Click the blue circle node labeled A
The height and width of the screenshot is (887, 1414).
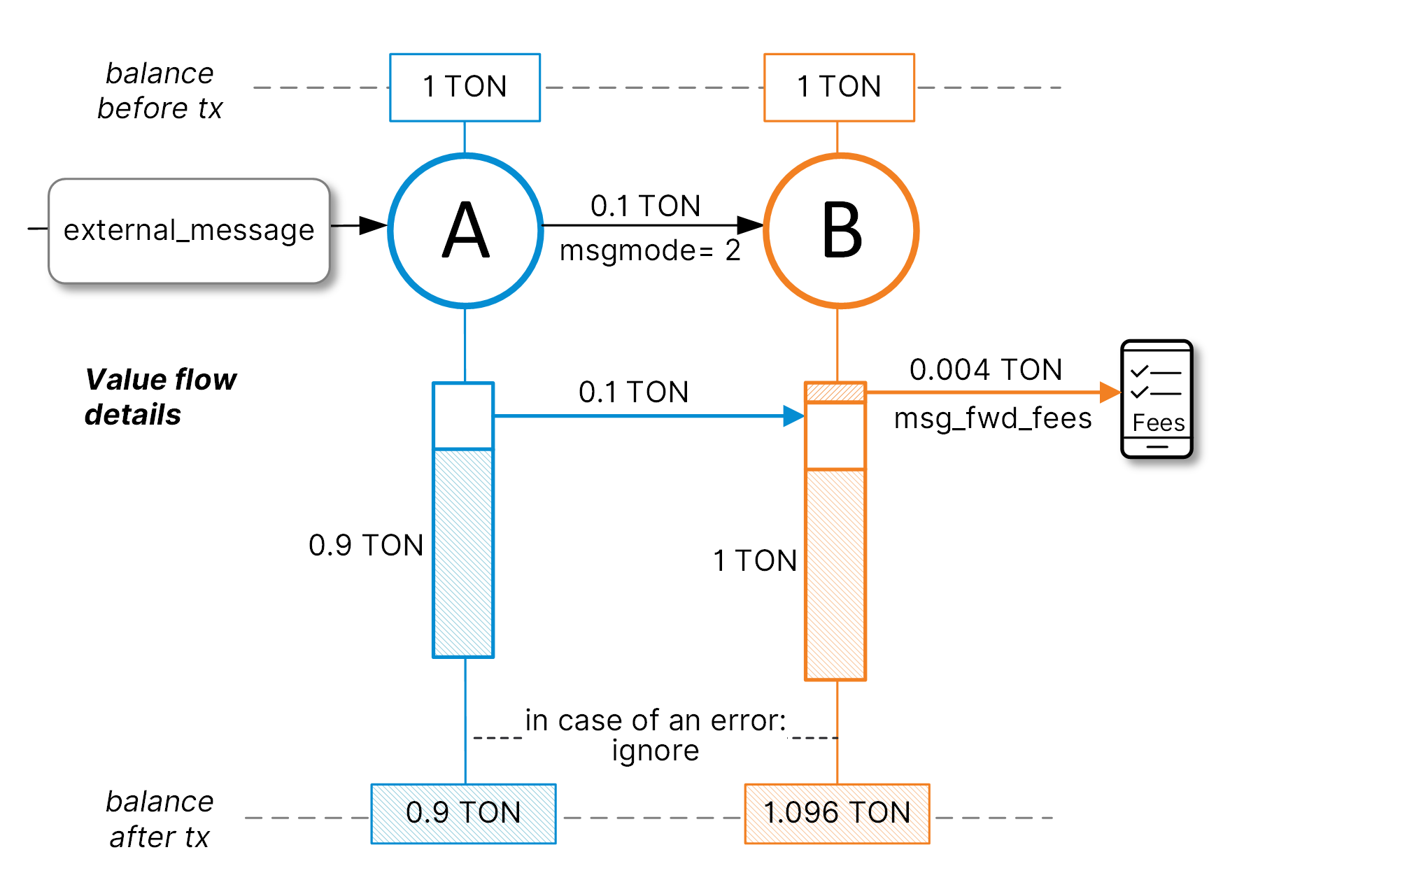coord(465,230)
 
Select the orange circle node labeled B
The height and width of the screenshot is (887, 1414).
coord(841,230)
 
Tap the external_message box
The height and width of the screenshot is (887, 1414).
coord(189,231)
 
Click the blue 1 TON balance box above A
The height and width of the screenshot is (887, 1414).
coord(465,87)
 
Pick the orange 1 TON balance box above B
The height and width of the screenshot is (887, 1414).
coord(839,87)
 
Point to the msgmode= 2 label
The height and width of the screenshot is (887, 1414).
coord(650,250)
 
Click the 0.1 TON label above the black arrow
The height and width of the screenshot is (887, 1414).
coord(645,206)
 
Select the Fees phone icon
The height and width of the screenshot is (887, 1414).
coord(1157,399)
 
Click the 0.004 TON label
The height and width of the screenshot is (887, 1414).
coord(986,369)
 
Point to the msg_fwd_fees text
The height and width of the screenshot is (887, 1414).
coord(993,418)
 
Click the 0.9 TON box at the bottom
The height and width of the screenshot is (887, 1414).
coord(463,813)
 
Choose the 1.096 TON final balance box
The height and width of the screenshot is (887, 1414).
coord(837,813)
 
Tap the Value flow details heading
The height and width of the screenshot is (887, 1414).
coord(160,397)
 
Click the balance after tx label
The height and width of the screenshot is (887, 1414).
coord(160,818)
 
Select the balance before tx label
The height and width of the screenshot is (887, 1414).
coord(160,90)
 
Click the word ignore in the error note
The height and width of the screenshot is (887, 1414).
coord(655,751)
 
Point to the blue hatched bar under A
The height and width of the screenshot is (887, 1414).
coord(463,553)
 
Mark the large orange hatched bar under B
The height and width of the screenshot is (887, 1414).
coord(835,574)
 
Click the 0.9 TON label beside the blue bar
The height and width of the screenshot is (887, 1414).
coord(366,545)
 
